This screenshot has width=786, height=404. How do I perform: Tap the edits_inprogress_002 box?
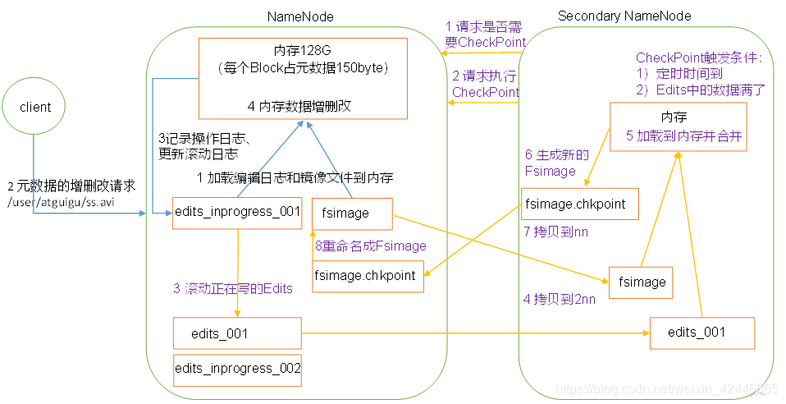pyautogui.click(x=237, y=369)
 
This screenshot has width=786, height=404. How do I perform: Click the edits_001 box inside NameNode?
pyautogui.click(x=237, y=333)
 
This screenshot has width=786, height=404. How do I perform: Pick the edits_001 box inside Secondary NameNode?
pyautogui.click(x=701, y=332)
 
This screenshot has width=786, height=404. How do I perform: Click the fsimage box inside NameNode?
pyautogui.click(x=352, y=213)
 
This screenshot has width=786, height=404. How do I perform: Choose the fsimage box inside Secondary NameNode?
pyautogui.click(x=641, y=282)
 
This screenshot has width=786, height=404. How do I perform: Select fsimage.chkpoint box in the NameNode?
pyautogui.click(x=368, y=276)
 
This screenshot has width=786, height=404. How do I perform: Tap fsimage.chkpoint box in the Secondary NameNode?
pyautogui.click(x=579, y=204)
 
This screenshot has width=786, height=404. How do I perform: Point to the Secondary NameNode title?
pyautogui.click(x=624, y=16)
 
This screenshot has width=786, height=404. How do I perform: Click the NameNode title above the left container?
pyautogui.click(x=299, y=16)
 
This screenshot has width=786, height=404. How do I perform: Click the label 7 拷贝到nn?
pyautogui.click(x=556, y=232)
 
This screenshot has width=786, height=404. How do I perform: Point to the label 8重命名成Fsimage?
pyautogui.click(x=371, y=246)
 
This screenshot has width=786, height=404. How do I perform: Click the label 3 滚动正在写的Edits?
pyautogui.click(x=232, y=289)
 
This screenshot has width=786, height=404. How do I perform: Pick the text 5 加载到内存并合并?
pyautogui.click(x=683, y=136)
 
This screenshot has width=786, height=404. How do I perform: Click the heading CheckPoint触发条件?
pyautogui.click(x=699, y=58)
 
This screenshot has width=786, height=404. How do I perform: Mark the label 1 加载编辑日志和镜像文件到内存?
pyautogui.click(x=295, y=177)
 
